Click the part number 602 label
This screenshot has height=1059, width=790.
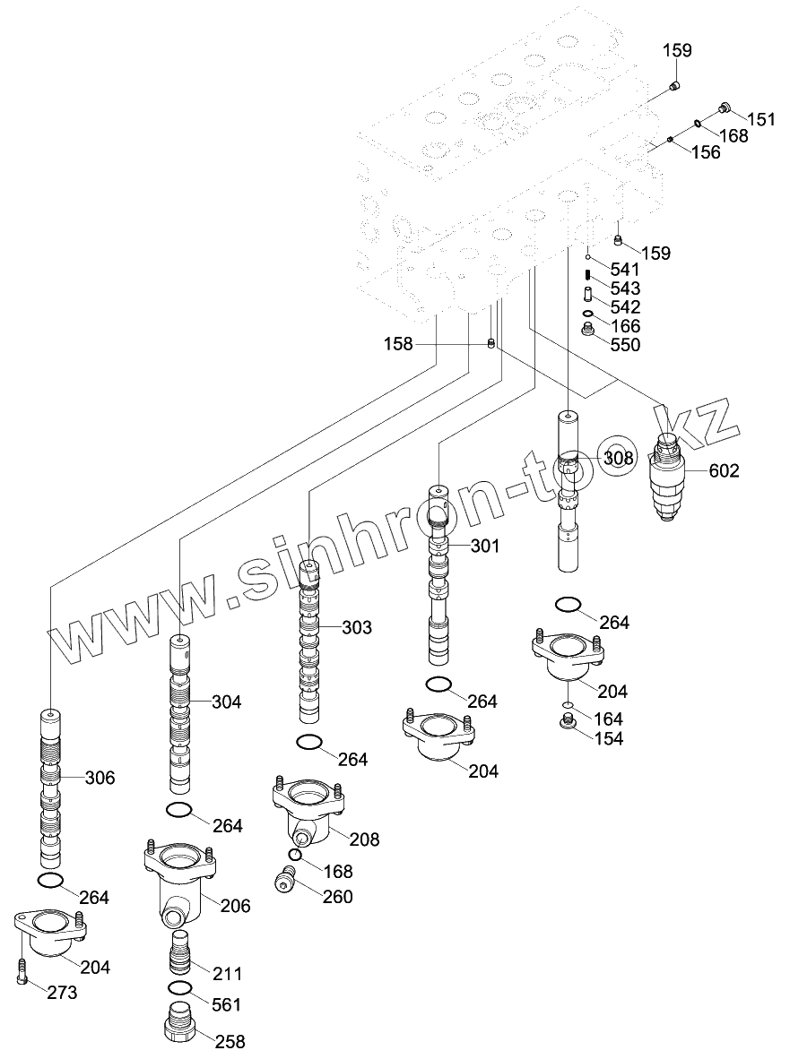(724, 470)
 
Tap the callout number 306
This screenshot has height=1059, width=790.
(100, 778)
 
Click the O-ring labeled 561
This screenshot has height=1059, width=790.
(179, 987)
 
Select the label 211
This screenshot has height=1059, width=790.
(228, 973)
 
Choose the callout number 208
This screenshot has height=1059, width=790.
(364, 839)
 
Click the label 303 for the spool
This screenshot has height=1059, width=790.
(356, 627)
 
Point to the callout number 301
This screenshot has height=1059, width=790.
(484, 546)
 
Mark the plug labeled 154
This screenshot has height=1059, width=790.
(568, 724)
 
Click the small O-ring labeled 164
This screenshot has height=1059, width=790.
(569, 706)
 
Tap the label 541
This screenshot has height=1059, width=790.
(625, 270)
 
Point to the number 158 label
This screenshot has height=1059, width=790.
(398, 343)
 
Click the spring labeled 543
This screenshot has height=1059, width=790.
(587, 276)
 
